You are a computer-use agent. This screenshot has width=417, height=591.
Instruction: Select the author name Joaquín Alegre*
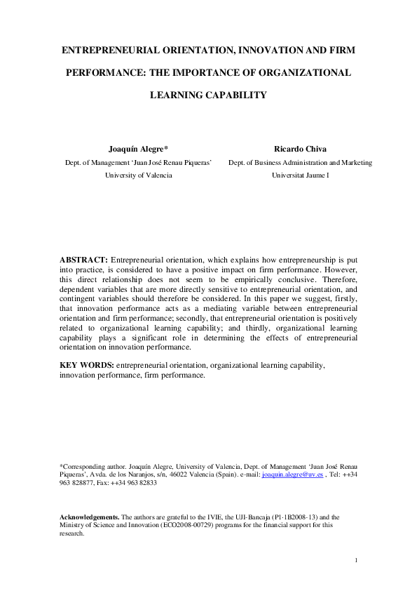pos(138,149)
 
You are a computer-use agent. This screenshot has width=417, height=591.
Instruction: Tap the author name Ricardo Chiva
pos(300,149)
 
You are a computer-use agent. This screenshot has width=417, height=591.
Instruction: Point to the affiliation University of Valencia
pos(138,175)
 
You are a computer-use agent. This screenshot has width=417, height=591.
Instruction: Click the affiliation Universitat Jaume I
pos(300,175)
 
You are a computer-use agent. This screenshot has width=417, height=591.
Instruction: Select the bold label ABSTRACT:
pos(84,260)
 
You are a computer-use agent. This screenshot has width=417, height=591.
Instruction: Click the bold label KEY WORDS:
pos(87,366)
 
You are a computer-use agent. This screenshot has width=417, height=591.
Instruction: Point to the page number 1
pos(356,559)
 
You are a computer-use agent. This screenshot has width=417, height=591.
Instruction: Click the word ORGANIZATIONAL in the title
pos(305,72)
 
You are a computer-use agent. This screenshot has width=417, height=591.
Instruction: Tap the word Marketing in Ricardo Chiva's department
pos(355,162)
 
